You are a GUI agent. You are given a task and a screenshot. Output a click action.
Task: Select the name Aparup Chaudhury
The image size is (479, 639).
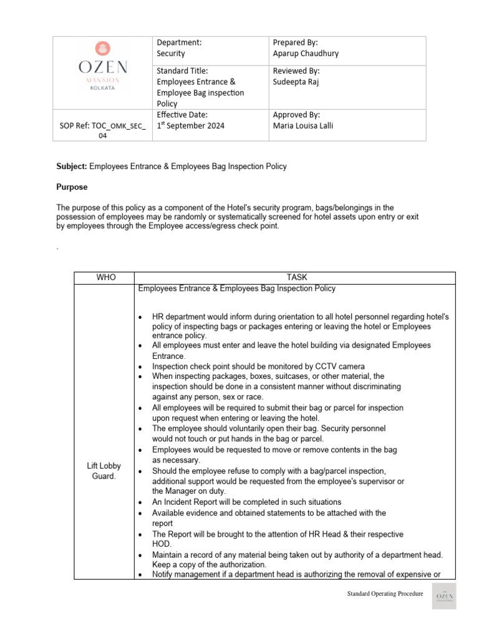click(306, 54)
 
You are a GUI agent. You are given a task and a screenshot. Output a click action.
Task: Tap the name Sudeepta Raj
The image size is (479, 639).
click(296, 82)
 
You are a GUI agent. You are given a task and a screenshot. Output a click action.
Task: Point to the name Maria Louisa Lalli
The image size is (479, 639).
click(303, 125)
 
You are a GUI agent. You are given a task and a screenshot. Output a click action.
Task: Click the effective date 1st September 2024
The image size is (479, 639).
click(190, 125)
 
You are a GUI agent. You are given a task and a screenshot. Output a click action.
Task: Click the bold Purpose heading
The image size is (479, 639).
click(72, 187)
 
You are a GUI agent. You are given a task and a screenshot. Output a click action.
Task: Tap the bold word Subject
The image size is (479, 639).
click(72, 167)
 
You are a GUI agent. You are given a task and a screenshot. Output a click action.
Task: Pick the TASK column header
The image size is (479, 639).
click(297, 278)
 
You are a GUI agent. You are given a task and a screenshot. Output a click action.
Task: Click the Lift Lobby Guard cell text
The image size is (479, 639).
click(104, 471)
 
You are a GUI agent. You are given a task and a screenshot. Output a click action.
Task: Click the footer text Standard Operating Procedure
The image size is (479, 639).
click(385, 594)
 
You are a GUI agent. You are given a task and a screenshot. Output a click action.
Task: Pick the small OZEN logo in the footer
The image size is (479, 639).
click(444, 597)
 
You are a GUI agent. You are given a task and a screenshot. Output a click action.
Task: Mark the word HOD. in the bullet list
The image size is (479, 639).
click(163, 544)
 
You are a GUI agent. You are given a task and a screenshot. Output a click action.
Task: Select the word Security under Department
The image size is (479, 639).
click(170, 54)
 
